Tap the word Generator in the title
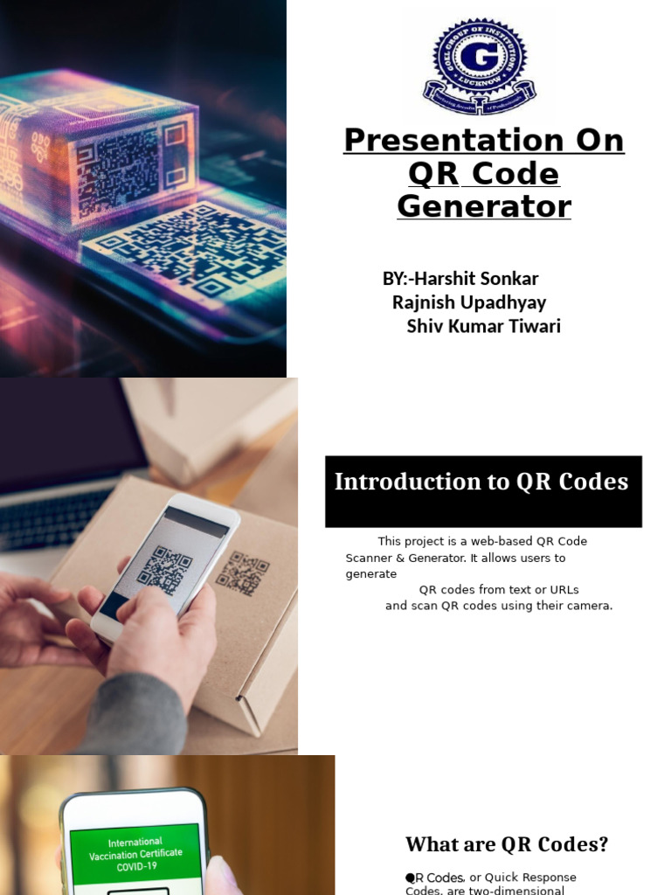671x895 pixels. point(484,207)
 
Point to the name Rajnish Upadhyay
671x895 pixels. point(469,302)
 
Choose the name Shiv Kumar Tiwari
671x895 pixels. point(483,326)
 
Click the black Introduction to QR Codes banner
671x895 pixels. point(483,491)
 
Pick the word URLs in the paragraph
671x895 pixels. point(562,589)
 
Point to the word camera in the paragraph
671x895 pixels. point(589,605)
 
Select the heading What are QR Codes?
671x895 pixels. point(507,844)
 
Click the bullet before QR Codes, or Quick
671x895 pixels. point(410,877)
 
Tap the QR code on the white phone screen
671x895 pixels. point(164,570)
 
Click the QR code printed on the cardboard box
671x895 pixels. point(242,573)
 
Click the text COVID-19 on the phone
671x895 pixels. point(135,867)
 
